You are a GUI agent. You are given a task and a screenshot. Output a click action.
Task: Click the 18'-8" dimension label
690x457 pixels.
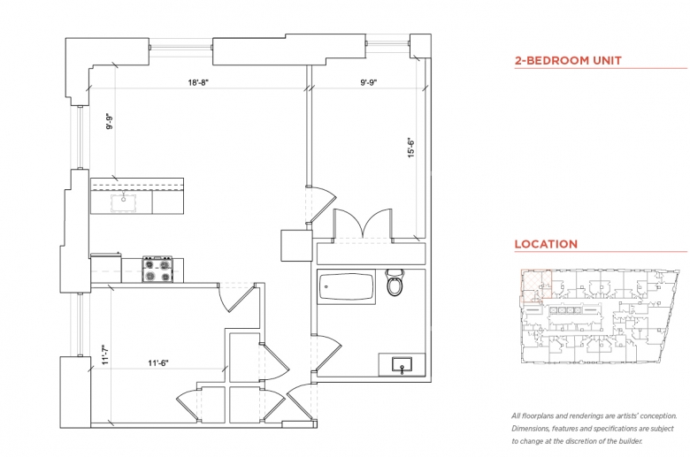click(198, 82)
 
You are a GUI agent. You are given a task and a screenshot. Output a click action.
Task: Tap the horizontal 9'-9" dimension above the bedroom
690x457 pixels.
click(369, 82)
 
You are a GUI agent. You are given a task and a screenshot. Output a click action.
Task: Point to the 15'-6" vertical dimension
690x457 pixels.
click(411, 148)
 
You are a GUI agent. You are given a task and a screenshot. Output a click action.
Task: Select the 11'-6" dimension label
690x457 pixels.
click(158, 363)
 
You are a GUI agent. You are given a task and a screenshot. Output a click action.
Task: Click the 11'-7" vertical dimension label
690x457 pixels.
click(105, 354)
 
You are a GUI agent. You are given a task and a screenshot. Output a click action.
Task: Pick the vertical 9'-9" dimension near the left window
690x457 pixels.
click(110, 121)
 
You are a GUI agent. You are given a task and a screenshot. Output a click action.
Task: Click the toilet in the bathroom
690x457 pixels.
click(395, 282)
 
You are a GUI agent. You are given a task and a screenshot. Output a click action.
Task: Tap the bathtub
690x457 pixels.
click(346, 286)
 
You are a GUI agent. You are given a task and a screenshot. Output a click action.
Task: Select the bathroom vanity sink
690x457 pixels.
click(402, 365)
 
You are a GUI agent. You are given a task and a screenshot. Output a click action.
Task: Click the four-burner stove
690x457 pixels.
click(157, 270)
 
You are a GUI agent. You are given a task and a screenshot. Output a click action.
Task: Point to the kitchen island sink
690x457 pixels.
click(123, 202)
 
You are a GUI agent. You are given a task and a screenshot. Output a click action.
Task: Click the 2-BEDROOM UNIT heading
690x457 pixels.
click(568, 60)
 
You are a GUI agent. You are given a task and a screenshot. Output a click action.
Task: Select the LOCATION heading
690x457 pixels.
click(546, 244)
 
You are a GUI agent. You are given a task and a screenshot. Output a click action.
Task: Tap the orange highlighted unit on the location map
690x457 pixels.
click(536, 284)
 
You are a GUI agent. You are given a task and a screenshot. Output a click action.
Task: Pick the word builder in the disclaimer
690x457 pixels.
click(630, 441)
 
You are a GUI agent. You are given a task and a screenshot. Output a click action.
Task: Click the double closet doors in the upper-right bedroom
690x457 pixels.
click(362, 224)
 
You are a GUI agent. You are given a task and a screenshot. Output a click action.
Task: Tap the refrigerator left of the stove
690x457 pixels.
click(105, 268)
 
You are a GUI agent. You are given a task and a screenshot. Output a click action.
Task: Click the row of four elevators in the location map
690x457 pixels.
click(565, 310)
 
